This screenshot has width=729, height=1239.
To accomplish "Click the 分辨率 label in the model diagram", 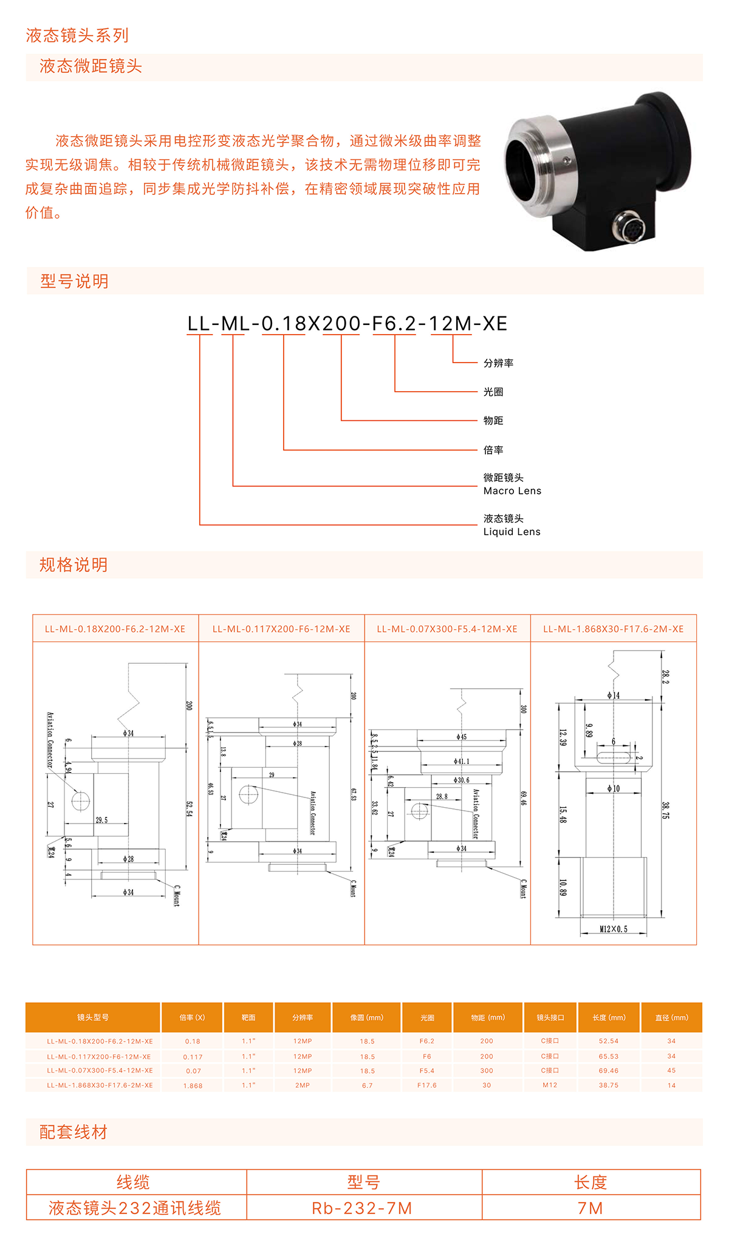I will [x=498, y=363].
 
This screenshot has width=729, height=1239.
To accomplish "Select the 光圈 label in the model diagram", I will [x=493, y=392].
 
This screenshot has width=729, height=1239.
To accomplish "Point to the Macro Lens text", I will [x=512, y=491].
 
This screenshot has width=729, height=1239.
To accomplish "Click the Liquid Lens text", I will [x=512, y=531].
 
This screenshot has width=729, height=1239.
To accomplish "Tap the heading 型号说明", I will [x=74, y=281].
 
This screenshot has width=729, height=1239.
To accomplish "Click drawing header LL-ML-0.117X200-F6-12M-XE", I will [x=281, y=629].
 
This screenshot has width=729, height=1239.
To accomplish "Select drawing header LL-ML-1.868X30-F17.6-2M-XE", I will [x=614, y=629].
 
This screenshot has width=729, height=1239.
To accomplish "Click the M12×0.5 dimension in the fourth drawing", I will [x=614, y=929].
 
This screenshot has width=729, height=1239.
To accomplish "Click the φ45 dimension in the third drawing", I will [x=462, y=737].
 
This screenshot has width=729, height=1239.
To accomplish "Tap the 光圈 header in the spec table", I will [x=427, y=1017].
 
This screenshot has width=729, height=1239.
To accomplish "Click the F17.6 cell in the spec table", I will [x=426, y=1085].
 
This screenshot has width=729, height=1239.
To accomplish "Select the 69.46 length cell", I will [x=608, y=1071].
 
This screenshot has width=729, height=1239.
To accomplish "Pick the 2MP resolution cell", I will [x=303, y=1085].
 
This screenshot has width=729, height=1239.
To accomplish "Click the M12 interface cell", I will [x=550, y=1085].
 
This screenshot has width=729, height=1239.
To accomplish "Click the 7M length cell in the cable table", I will [x=590, y=1209].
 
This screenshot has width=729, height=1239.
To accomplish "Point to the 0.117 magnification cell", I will [x=193, y=1057].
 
